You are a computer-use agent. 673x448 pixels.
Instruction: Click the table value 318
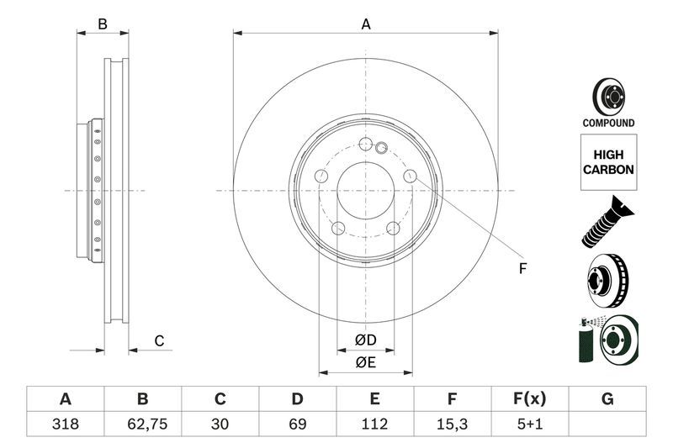(65, 424)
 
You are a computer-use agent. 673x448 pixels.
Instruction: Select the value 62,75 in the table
(142, 424)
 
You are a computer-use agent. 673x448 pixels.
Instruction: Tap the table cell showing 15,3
(452, 424)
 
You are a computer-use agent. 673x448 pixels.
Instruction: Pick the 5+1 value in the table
(529, 424)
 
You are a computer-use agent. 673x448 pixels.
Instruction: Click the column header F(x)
(529, 398)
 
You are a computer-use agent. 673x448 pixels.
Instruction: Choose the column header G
(607, 398)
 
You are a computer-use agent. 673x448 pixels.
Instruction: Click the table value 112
(374, 424)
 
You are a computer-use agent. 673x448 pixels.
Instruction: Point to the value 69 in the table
(297, 424)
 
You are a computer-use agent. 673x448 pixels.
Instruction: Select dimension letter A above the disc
(366, 24)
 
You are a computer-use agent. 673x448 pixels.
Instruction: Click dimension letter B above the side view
(103, 24)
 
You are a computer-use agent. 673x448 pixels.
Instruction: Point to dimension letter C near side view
(158, 340)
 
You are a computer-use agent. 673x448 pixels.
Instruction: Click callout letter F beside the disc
(522, 269)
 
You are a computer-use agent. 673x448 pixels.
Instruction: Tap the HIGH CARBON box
(608, 162)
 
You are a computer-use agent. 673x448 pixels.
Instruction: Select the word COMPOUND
(608, 123)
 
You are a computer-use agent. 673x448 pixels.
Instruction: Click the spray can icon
(586, 340)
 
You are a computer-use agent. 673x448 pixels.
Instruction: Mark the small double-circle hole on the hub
(380, 150)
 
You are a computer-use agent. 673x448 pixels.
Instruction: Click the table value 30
(220, 424)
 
